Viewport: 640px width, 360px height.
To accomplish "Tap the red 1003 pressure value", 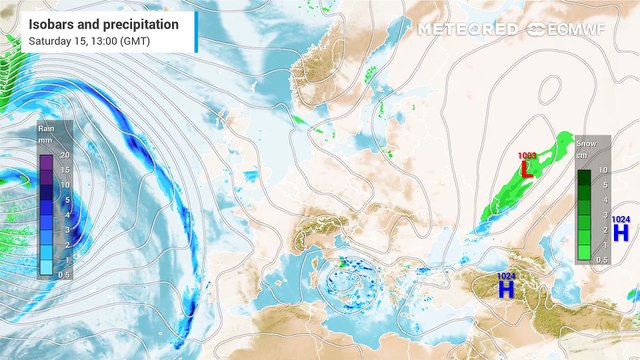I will click(x=527, y=156).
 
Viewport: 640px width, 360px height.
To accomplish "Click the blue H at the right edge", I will click(x=621, y=233).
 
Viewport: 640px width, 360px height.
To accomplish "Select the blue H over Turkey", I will click(x=507, y=289).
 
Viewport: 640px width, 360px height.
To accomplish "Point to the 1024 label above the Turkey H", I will click(x=507, y=275).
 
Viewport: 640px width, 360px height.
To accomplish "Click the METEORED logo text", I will click(x=469, y=29).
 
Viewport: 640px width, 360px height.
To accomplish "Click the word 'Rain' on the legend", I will click(x=46, y=128).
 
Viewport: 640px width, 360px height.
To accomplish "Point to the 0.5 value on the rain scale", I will click(x=64, y=273).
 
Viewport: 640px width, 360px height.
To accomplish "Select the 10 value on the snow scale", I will click(x=603, y=171).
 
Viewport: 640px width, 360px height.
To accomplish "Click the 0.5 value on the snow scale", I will click(x=602, y=259).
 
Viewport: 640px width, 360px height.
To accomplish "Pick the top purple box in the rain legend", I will click(x=46, y=155).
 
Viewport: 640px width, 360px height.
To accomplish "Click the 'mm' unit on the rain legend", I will click(x=46, y=141).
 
